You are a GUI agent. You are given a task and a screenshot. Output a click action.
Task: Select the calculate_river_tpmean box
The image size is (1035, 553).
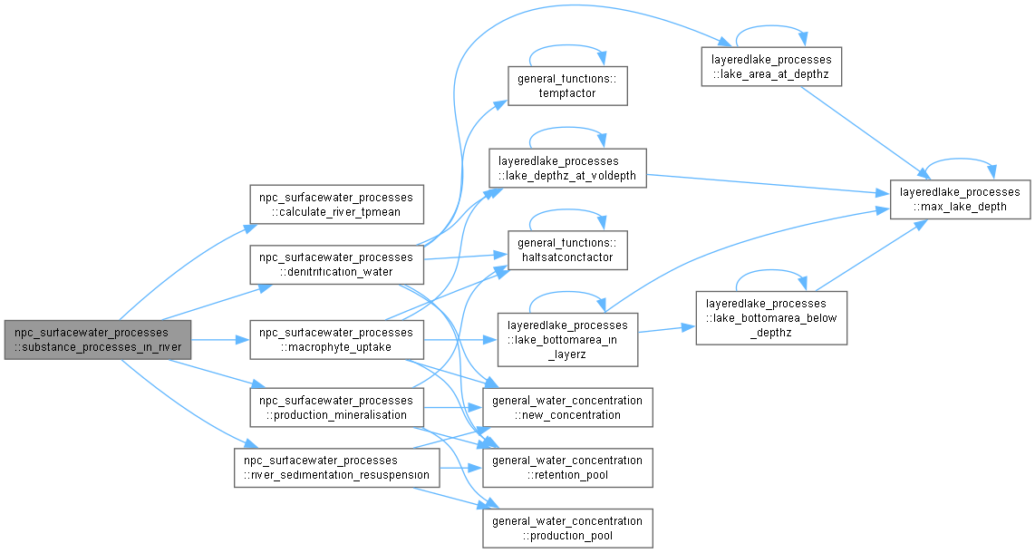click(335, 206)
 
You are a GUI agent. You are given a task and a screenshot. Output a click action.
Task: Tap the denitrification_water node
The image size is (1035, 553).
click(335, 264)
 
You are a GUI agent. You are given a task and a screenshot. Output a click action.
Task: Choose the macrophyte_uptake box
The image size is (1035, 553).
click(335, 339)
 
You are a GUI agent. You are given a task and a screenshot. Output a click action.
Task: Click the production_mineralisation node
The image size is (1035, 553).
click(335, 407)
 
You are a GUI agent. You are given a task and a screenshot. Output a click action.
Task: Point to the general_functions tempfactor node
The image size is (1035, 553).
click(567, 85)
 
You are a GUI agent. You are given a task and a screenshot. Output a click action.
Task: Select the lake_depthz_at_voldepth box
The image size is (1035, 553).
click(567, 168)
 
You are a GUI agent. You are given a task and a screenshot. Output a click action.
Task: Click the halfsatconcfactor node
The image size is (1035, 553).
click(567, 249)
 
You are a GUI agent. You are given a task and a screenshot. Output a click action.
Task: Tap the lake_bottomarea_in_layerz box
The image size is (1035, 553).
click(567, 339)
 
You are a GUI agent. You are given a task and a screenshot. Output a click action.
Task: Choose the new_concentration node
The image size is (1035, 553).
click(567, 407)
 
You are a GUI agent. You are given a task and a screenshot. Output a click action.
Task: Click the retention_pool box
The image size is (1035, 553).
click(567, 467)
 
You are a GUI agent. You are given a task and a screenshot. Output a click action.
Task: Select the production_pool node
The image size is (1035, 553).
click(567, 528)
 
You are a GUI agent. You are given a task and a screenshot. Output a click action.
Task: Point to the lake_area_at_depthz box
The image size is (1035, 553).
click(771, 66)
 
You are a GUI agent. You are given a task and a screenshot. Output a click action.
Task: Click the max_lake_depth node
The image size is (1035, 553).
click(960, 199)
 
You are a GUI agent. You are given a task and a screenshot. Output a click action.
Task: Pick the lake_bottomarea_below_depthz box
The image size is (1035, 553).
click(770, 317)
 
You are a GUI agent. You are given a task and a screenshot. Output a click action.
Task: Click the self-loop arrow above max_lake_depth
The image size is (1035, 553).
click(960, 164)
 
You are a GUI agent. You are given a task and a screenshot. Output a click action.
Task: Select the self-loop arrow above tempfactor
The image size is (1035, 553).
click(567, 51)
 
